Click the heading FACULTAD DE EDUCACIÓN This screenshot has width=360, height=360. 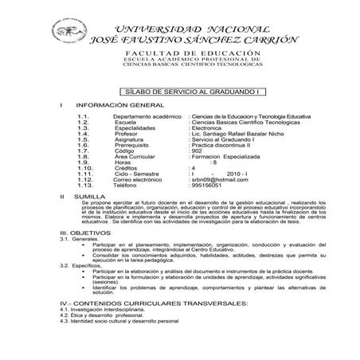click(x=192, y=51)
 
